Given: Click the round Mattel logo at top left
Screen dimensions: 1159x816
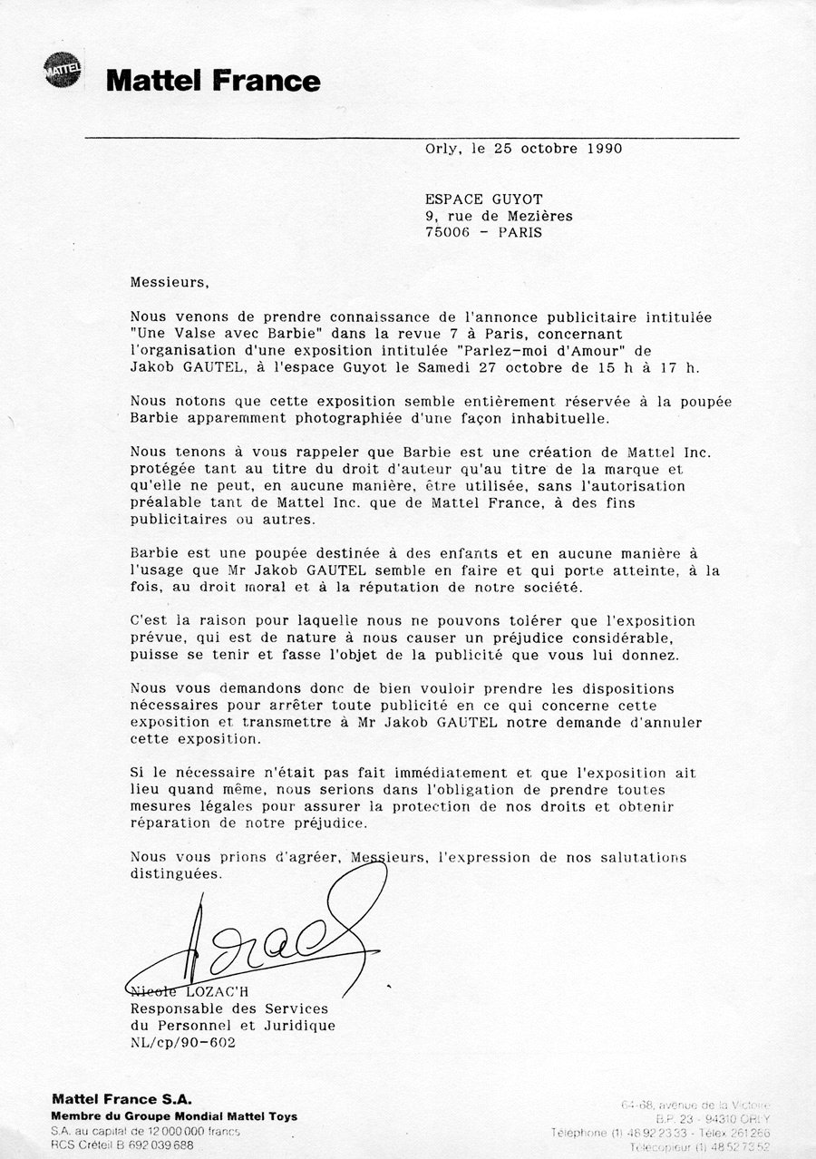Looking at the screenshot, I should tap(63, 71).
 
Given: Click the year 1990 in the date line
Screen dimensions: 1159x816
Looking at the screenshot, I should tap(602, 149).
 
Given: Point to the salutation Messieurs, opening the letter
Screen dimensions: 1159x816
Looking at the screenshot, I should tap(170, 282).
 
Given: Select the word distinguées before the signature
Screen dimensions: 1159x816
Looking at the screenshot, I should tap(175, 874).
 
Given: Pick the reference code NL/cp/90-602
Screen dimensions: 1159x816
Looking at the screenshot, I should tap(183, 1042).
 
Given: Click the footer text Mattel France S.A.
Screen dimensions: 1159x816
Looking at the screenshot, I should tap(121, 1100).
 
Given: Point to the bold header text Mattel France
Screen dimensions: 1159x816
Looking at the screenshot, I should tap(213, 82).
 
